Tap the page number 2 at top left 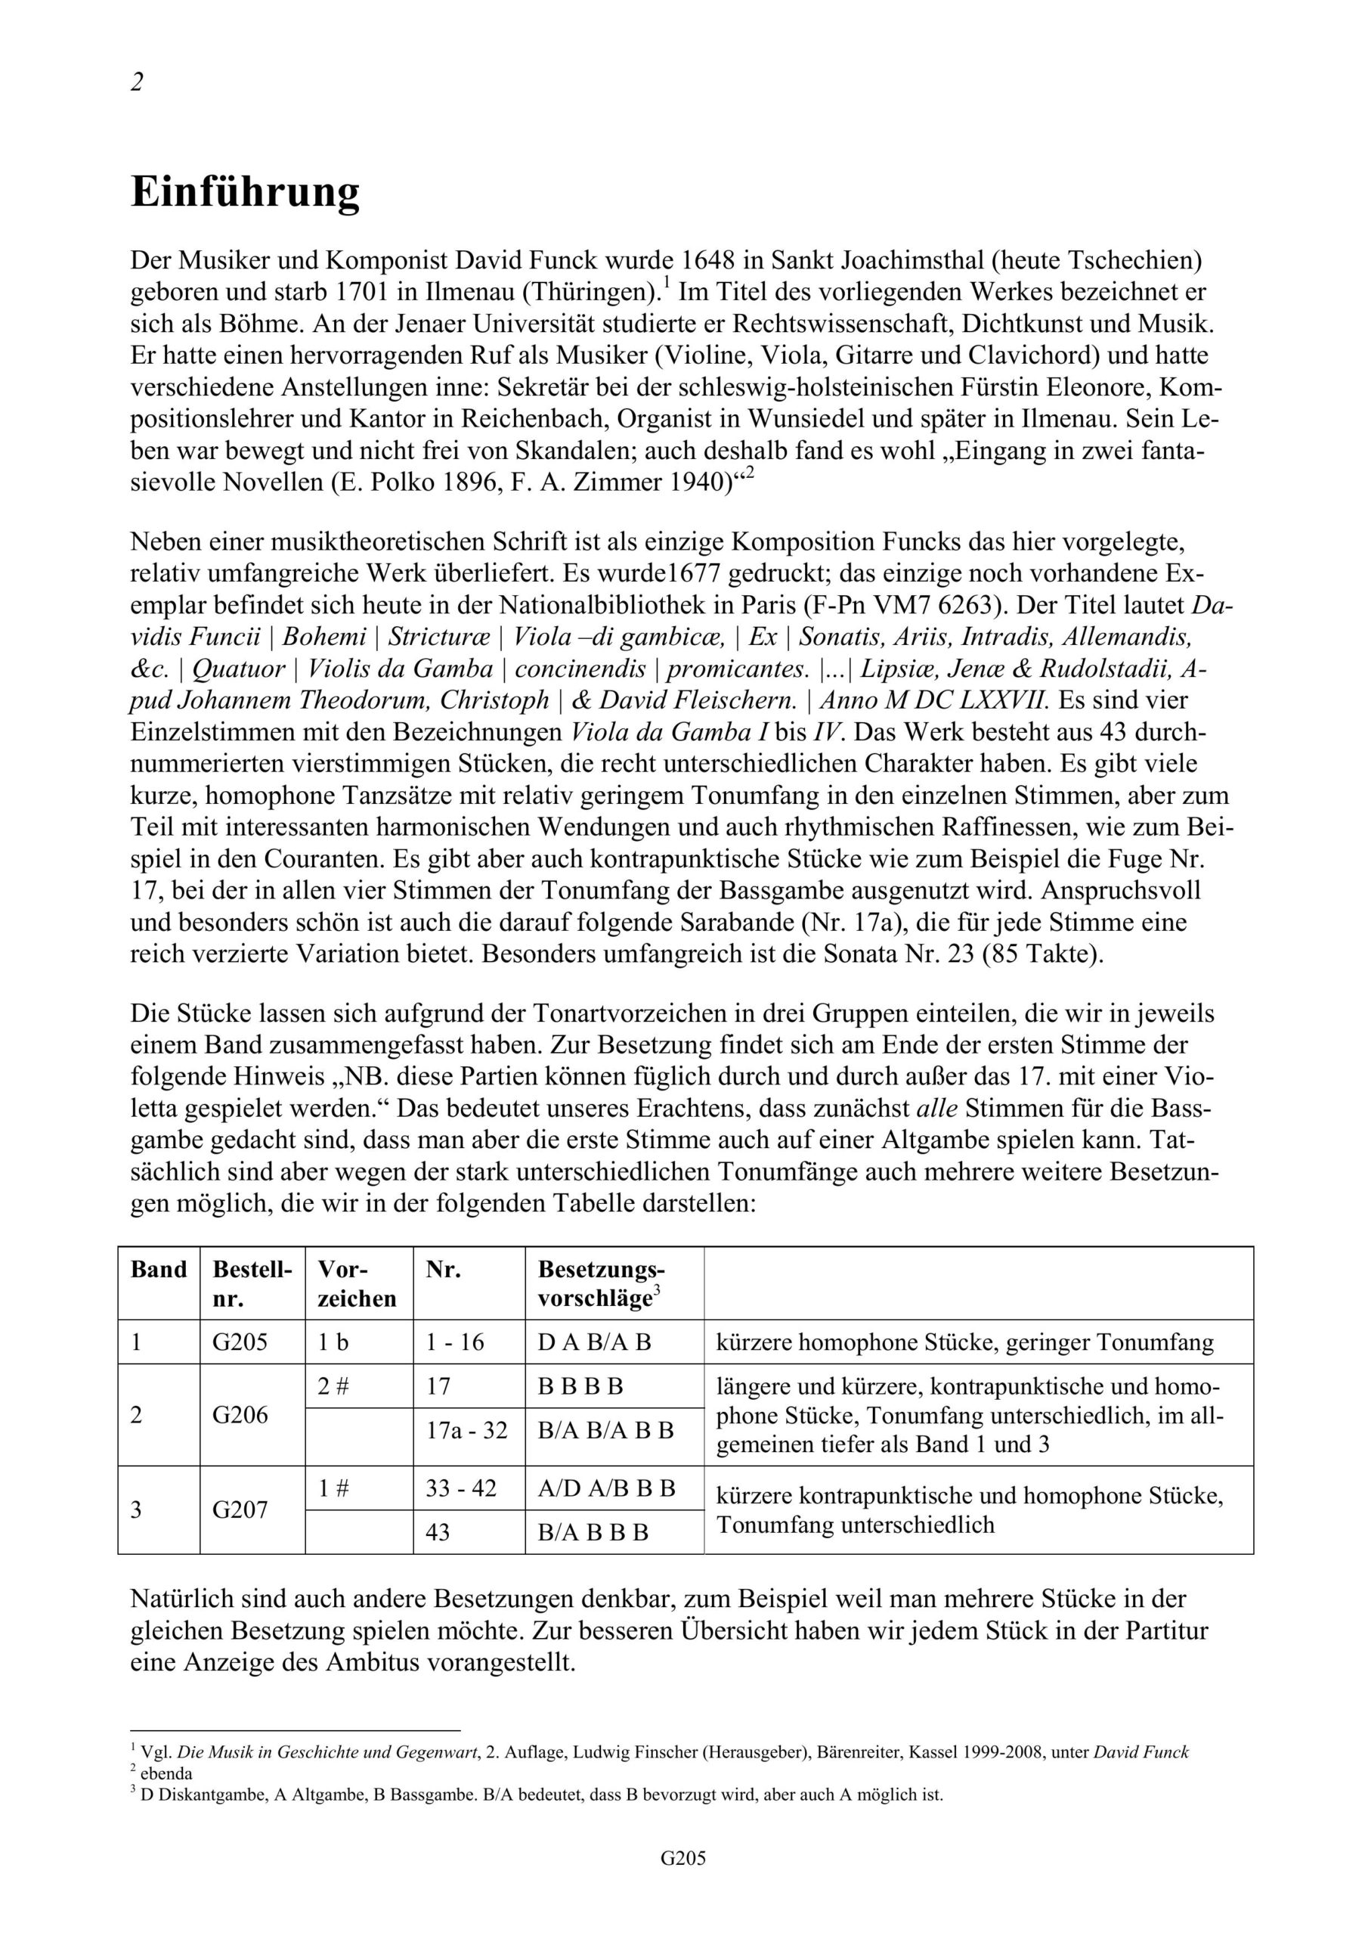point(137,82)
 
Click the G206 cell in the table point(240,1414)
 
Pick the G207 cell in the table point(240,1509)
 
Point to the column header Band point(159,1270)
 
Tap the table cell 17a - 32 point(467,1430)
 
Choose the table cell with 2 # point(334,1386)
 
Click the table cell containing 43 point(438,1532)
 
